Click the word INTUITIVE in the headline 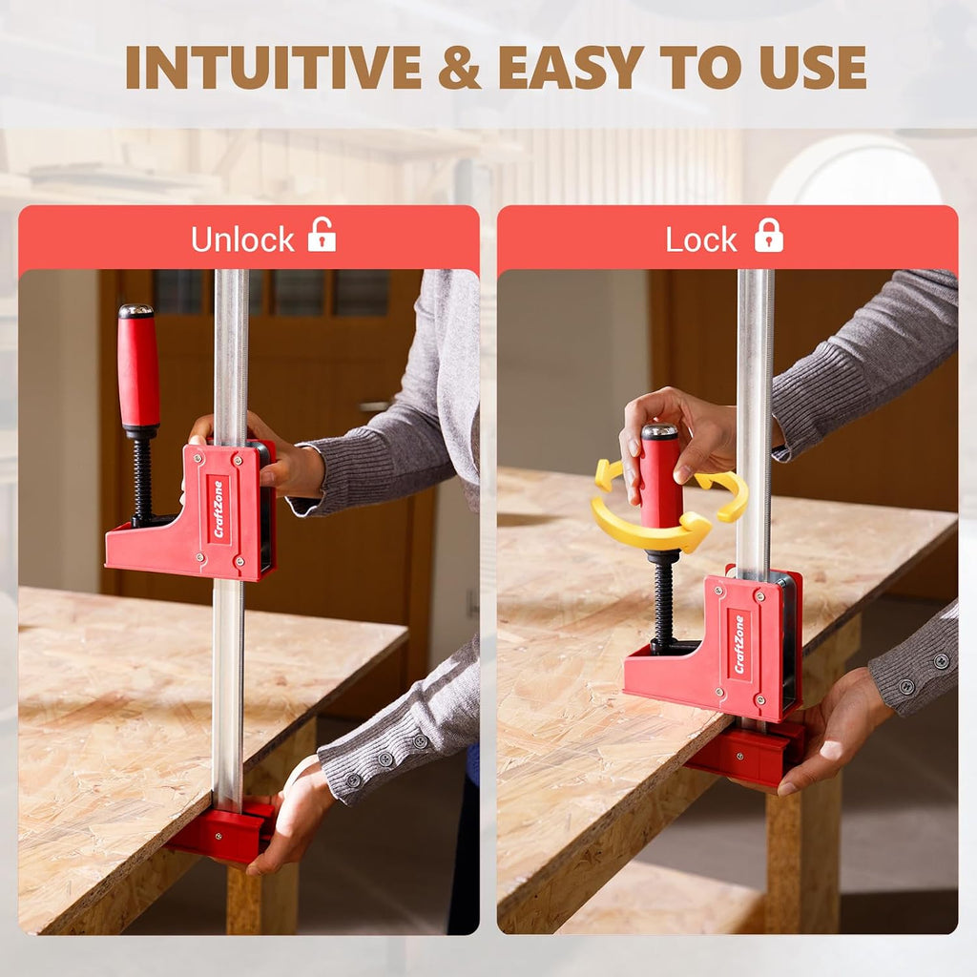(274, 68)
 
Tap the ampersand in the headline (460, 68)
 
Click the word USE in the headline (813, 68)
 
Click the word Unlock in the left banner (242, 239)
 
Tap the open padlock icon (322, 235)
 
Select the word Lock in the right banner (701, 239)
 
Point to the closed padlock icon (769, 235)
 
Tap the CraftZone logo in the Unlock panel (218, 509)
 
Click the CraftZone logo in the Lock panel (739, 644)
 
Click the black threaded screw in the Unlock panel (143, 480)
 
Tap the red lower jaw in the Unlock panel (221, 832)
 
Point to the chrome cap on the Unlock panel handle (136, 311)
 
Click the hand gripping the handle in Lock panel (679, 436)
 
